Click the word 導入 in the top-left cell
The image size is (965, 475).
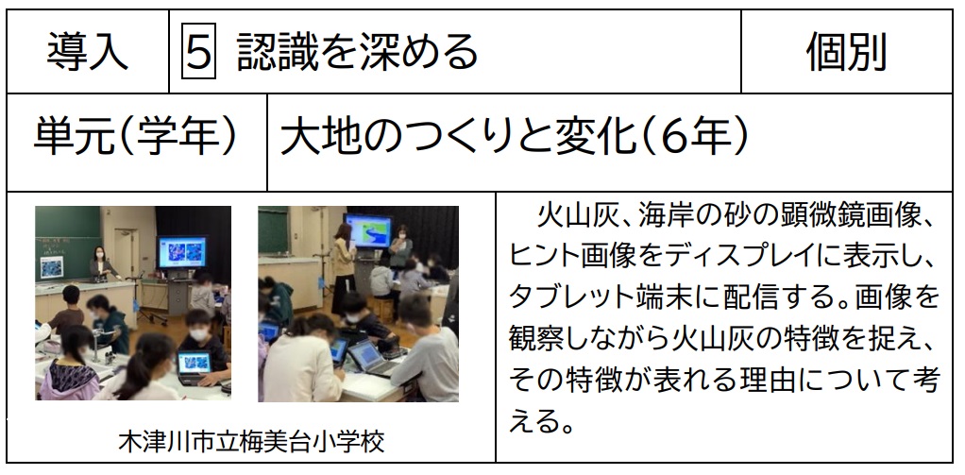(x=88, y=51)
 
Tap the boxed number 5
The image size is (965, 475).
(x=198, y=51)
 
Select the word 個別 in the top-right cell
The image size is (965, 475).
(x=846, y=51)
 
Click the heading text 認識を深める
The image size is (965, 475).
(x=357, y=51)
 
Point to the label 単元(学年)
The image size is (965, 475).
(x=135, y=137)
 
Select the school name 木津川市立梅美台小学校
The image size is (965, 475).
(x=251, y=441)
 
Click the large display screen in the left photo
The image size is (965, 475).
(x=182, y=252)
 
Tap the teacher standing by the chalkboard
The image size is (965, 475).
(x=101, y=265)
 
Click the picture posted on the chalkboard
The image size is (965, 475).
(x=51, y=267)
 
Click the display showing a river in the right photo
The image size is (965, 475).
(x=368, y=231)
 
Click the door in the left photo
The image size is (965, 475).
(x=127, y=251)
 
